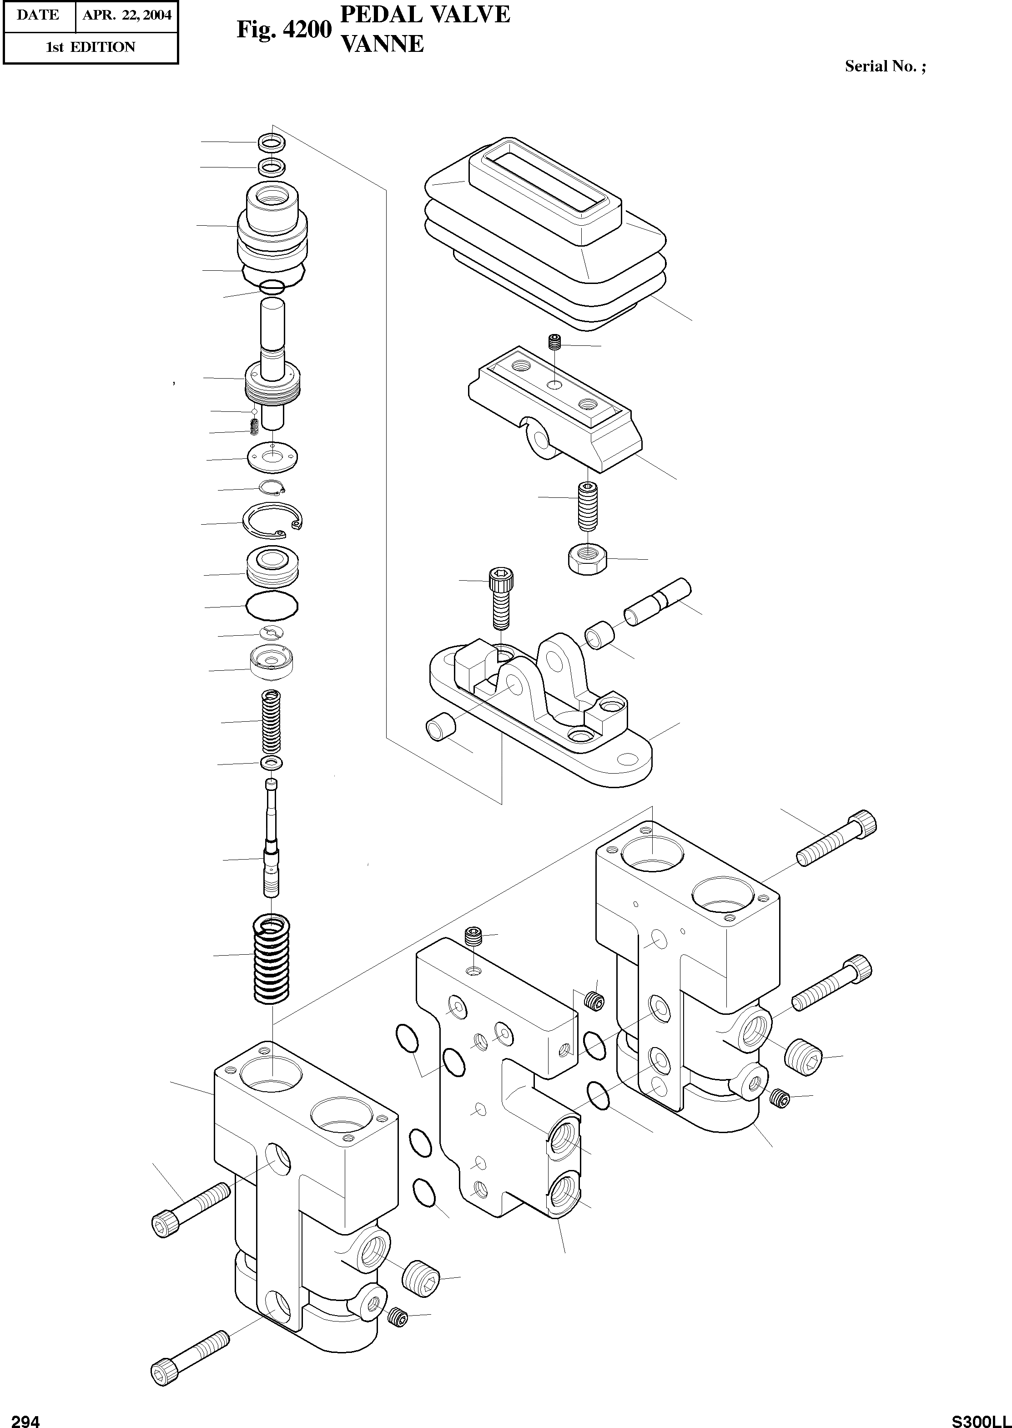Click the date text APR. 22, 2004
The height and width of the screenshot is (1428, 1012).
[126, 15]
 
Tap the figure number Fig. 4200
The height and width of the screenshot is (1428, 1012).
[283, 29]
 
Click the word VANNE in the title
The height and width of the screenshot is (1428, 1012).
[383, 44]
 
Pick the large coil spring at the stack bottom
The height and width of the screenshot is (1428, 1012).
[272, 960]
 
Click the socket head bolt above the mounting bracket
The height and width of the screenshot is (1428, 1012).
[500, 599]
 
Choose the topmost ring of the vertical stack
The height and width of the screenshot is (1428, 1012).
[272, 142]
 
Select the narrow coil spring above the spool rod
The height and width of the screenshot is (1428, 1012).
[272, 721]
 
